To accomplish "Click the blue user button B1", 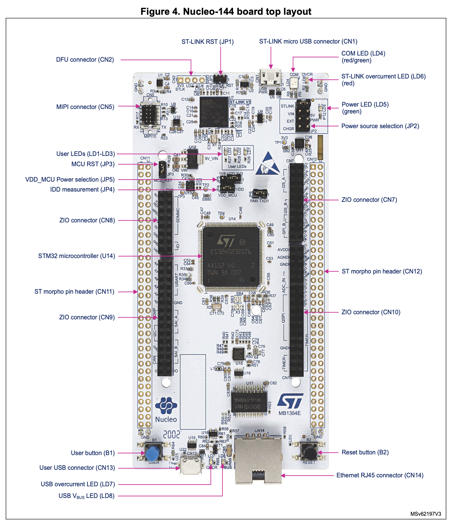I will click(x=153, y=453).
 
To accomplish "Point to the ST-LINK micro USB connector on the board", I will click(x=271, y=78).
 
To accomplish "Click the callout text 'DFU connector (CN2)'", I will click(x=85, y=60).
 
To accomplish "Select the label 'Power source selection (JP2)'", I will click(x=380, y=126).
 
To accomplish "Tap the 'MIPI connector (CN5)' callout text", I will click(x=85, y=107).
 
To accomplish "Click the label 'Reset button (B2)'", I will click(x=365, y=452).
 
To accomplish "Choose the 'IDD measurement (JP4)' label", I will click(x=82, y=190).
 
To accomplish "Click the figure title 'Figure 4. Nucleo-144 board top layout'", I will click(x=226, y=12).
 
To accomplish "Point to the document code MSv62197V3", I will click(x=426, y=514).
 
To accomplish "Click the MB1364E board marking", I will click(x=289, y=413).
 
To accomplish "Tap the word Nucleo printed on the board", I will click(x=166, y=419).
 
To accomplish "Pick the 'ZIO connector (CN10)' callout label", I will click(x=371, y=312).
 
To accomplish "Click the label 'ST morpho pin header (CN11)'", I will click(x=74, y=292).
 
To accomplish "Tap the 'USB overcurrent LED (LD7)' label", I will click(x=78, y=484).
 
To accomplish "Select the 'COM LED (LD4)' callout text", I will click(x=363, y=53).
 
